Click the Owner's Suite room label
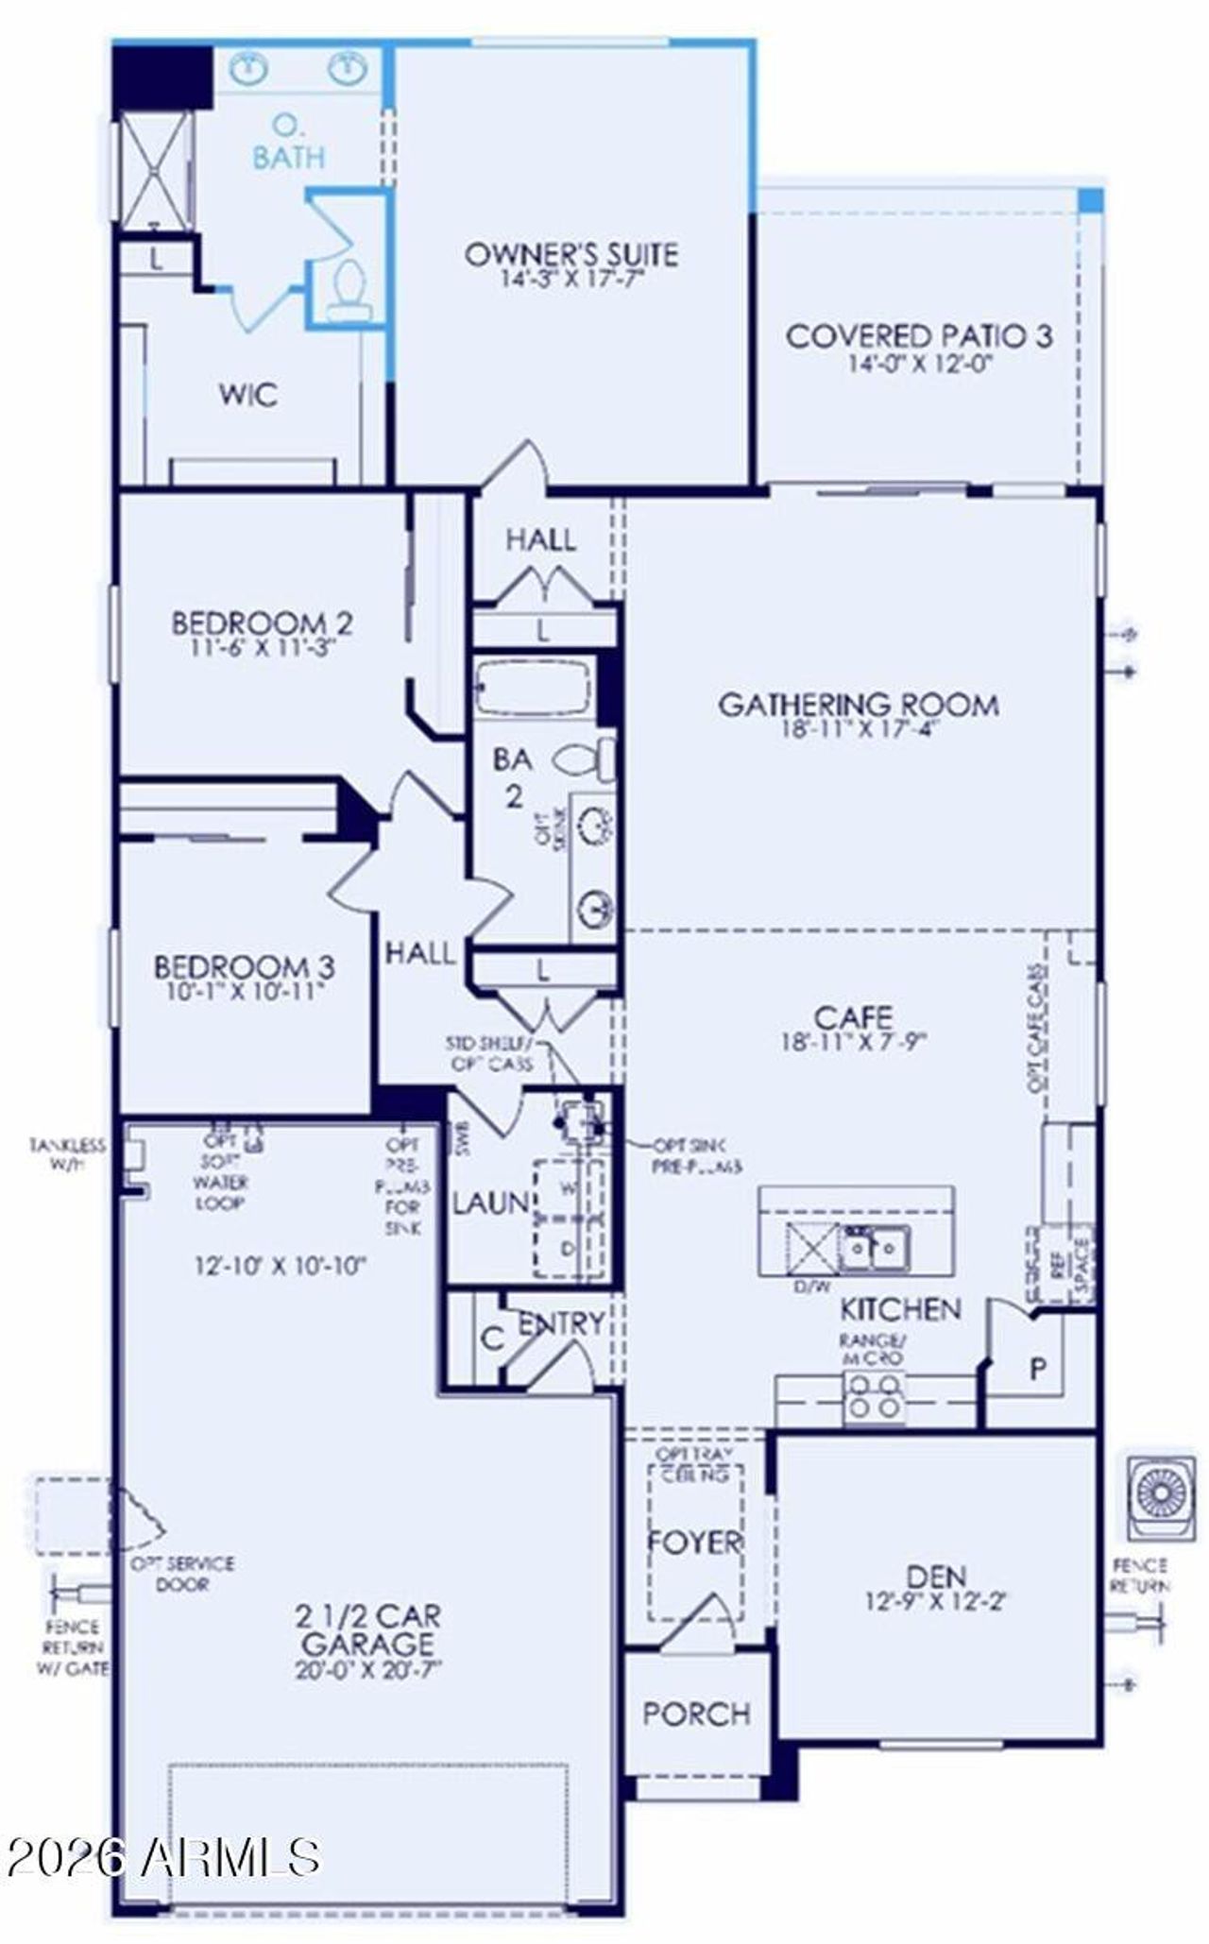(570, 254)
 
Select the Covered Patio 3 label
(918, 336)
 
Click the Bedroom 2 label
(262, 623)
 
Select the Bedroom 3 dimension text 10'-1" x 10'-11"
(244, 991)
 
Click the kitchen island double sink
(875, 1249)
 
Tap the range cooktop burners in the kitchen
(875, 1396)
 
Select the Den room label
(936, 1576)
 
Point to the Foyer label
(694, 1543)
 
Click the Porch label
(697, 1714)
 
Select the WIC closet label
(248, 394)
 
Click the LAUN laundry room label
(490, 1202)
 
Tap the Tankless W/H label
(67, 1154)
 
